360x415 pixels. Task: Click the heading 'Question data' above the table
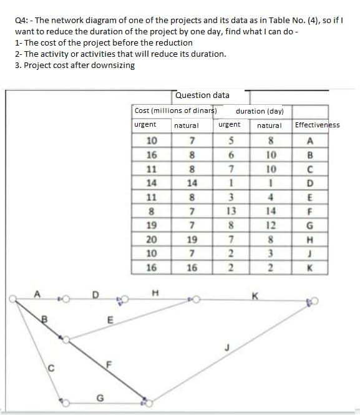(202, 95)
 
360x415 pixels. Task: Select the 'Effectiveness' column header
(317, 125)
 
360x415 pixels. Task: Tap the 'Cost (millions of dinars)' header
(175, 110)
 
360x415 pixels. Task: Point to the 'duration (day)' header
(260, 111)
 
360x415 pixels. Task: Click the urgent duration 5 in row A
(230, 139)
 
